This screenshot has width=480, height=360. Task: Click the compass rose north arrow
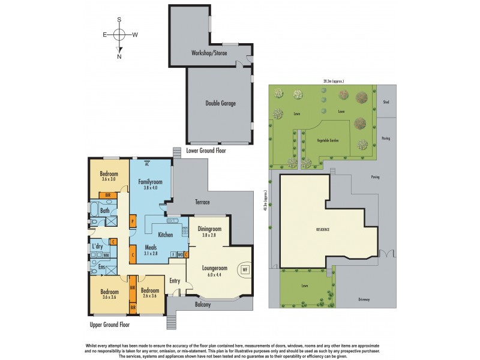(120, 52)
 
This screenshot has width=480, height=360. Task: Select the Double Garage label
(220, 103)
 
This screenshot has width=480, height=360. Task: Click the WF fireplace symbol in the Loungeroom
(245, 269)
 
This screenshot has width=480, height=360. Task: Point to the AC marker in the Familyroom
(146, 163)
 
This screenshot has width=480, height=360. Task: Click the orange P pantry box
(132, 221)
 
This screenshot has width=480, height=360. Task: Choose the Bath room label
(104, 211)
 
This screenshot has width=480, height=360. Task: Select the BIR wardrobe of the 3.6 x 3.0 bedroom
(108, 195)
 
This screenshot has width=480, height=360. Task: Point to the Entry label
(175, 280)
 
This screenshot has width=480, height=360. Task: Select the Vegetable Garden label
(328, 139)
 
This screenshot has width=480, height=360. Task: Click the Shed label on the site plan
(386, 102)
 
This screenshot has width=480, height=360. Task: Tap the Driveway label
(364, 299)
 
